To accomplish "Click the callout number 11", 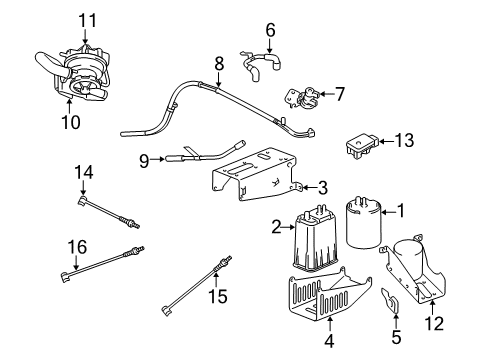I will click(84, 19).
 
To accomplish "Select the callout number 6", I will click(268, 30).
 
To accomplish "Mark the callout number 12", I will click(432, 323).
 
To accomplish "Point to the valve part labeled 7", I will click(300, 98).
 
